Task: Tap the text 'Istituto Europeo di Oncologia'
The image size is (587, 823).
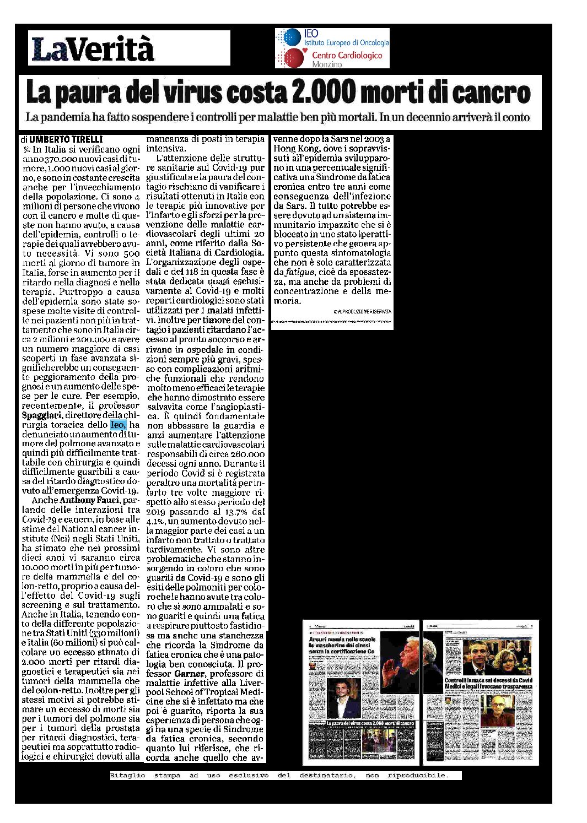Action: [346, 42]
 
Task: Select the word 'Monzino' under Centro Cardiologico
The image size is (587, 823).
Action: [327, 64]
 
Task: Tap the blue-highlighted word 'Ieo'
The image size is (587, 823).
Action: [118, 425]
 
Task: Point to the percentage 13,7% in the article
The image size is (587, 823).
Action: [226, 511]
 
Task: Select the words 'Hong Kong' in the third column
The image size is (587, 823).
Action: [292, 149]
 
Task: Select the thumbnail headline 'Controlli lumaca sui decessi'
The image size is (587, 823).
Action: [480, 681]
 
